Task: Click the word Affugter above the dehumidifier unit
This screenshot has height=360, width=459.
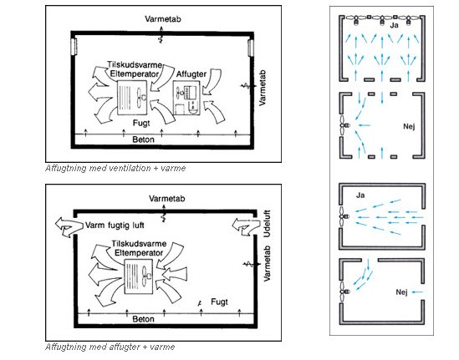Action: tap(191, 74)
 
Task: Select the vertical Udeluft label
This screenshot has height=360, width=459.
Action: tap(267, 223)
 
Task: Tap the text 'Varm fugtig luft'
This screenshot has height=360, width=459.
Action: tap(115, 226)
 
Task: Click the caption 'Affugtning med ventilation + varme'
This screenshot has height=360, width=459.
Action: tap(115, 168)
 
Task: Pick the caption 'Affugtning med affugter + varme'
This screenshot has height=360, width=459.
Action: tap(110, 347)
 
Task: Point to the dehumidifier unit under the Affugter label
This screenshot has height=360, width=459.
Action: tap(186, 98)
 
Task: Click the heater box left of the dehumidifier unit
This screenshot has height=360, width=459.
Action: tap(132, 98)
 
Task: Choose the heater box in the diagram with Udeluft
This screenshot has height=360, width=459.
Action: tap(139, 276)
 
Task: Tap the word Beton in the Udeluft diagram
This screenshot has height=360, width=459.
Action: tap(143, 319)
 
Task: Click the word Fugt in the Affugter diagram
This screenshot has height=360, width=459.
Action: tap(141, 123)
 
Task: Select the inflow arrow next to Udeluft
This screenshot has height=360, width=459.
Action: tap(246, 226)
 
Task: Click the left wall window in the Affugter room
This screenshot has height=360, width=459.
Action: tap(74, 47)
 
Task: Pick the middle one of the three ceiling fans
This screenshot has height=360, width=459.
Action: tap(382, 19)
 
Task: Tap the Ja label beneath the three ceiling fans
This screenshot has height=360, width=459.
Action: tap(395, 25)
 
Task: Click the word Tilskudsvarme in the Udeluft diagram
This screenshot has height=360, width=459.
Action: tap(139, 244)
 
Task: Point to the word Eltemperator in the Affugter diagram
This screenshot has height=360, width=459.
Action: tap(135, 74)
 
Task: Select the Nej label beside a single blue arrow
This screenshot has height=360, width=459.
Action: tap(401, 292)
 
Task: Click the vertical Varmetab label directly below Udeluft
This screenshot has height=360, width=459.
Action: tap(267, 263)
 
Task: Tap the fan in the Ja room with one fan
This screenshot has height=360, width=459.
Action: tap(344, 216)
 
